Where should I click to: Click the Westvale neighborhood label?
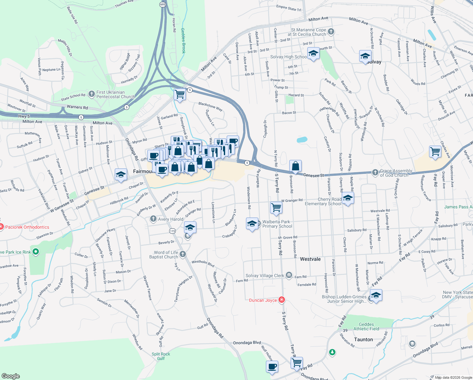tap(310, 259)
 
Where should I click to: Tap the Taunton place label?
tap(363, 339)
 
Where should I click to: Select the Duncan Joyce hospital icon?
tap(281, 300)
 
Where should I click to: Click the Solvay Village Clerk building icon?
tap(289, 275)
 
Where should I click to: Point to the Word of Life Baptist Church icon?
tap(183, 254)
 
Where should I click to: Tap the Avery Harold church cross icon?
tap(153, 219)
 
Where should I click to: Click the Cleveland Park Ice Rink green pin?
tap(36, 252)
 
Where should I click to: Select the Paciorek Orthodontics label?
tap(27, 227)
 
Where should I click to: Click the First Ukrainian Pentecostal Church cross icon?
tap(92, 94)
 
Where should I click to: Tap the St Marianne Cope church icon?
tap(331, 31)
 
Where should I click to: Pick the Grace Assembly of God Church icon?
tap(375, 172)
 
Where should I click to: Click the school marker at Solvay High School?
tap(313, 54)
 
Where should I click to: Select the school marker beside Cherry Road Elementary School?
tap(347, 198)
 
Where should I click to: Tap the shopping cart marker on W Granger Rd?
tap(276, 207)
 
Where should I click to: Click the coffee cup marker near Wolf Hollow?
tap(272, 367)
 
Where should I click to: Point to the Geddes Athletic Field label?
tap(366, 326)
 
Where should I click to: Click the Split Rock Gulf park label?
tap(161, 356)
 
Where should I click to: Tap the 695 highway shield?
tap(163, 4)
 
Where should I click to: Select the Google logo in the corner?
tap(10, 376)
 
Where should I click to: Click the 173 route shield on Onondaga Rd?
tap(172, 231)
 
